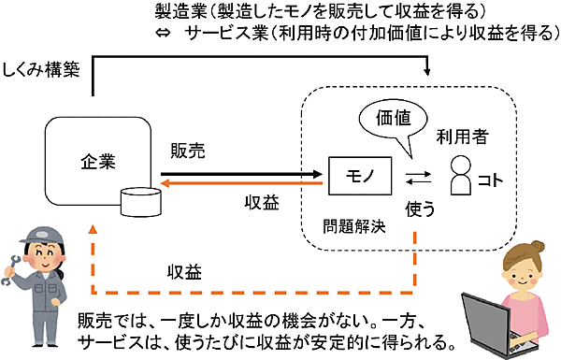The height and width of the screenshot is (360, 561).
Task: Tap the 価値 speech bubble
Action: click(x=393, y=121)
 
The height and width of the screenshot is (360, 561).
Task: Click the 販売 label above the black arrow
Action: click(x=188, y=151)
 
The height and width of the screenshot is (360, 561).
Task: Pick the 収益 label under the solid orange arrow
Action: click(x=260, y=205)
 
